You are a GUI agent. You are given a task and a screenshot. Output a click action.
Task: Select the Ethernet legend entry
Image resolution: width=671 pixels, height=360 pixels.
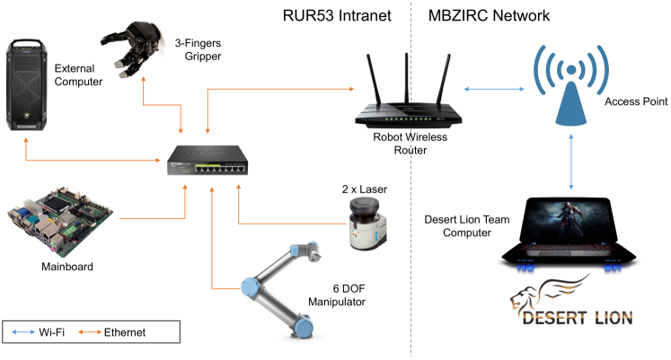point(117,332)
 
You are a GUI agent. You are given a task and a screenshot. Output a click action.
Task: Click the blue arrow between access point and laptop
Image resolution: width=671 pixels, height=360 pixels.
point(571,162)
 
